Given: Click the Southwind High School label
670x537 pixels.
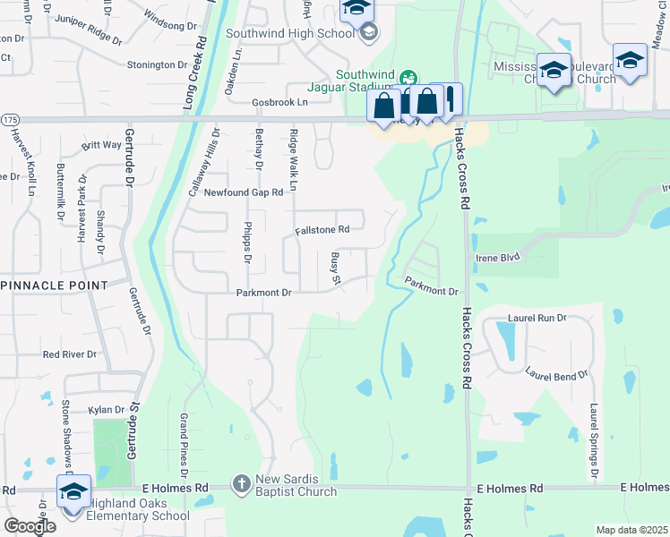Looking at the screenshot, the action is tap(290, 34).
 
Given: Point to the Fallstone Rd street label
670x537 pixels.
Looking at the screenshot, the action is tap(322, 230).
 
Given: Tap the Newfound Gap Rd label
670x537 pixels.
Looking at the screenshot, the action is tap(244, 192).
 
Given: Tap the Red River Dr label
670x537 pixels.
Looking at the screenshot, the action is tap(70, 354).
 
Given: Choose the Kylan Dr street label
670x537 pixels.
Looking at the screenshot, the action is tap(107, 410).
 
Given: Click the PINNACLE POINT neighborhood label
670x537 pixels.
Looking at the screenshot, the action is tap(60, 285).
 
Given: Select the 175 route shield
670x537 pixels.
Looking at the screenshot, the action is tap(9, 119).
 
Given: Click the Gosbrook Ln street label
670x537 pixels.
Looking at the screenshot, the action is tap(254, 103).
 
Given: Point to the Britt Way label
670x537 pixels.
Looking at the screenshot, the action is tap(101, 145).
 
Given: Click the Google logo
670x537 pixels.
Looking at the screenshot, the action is tap(29, 526).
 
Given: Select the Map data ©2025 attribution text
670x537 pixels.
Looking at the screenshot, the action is tap(631, 530).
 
